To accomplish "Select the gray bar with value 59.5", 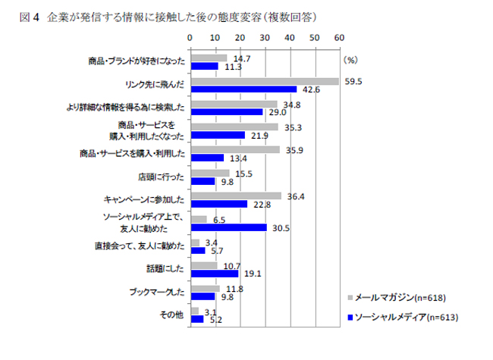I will coord(264,82).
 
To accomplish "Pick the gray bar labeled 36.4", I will coord(235,196).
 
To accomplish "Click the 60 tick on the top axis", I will coord(338,36).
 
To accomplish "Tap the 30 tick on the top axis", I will coord(264,36).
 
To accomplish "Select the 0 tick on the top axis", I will coord(190,36).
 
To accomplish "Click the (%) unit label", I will coord(350,58).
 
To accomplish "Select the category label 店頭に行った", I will coord(161,177).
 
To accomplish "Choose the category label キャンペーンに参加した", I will coord(144,200).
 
